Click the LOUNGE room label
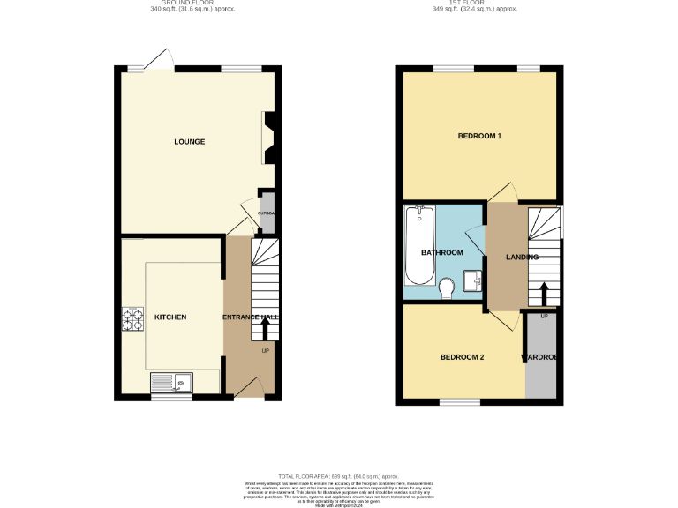[190, 141]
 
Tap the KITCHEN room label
[170, 317]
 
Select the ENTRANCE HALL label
[251, 317]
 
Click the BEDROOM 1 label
[479, 137]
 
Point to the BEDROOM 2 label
[462, 357]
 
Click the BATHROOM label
[441, 253]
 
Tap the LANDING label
[522, 257]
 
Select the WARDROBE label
[540, 357]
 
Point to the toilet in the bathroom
[447, 287]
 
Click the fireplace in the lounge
[269, 138]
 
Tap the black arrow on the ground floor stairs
[266, 328]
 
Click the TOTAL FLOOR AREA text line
[339, 475]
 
